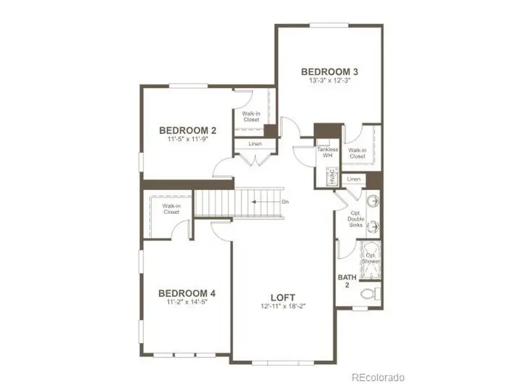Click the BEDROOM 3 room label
(x=329, y=72)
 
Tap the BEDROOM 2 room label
(x=188, y=129)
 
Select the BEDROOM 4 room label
(x=187, y=294)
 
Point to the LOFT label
(x=283, y=297)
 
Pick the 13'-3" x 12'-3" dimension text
(x=329, y=81)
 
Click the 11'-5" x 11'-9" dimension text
(x=188, y=138)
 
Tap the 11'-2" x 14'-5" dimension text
(x=187, y=303)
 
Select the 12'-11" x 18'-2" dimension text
(x=283, y=306)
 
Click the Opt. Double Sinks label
(x=357, y=220)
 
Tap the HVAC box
(x=330, y=177)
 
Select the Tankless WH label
(x=328, y=152)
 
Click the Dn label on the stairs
(x=285, y=202)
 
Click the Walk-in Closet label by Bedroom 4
(x=171, y=209)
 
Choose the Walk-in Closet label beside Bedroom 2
(x=250, y=117)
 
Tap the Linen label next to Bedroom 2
(x=255, y=143)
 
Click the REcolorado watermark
(x=378, y=377)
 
